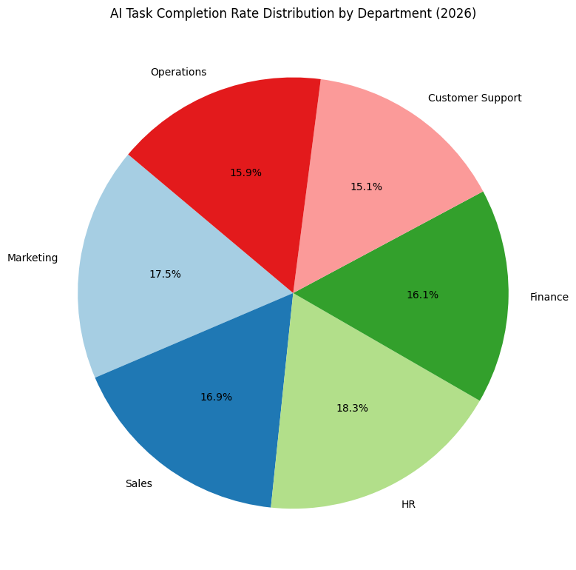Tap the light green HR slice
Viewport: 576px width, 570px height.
coord(355,444)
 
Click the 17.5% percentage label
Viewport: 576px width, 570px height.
coord(165,274)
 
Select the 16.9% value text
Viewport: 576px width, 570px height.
coord(216,397)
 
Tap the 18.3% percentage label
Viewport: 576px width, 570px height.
coord(352,408)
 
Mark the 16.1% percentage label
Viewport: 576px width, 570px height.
coord(422,295)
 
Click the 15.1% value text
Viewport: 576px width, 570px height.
coord(366,187)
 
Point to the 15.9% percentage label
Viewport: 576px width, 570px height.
coord(245,172)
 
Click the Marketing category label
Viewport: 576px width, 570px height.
coord(33,258)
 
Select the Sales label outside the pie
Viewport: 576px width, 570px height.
coord(138,483)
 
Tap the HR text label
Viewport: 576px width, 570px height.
coord(408,504)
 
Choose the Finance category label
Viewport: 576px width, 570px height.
coord(549,297)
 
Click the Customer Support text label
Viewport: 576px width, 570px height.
coord(475,98)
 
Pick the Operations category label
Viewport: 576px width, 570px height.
coord(178,72)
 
